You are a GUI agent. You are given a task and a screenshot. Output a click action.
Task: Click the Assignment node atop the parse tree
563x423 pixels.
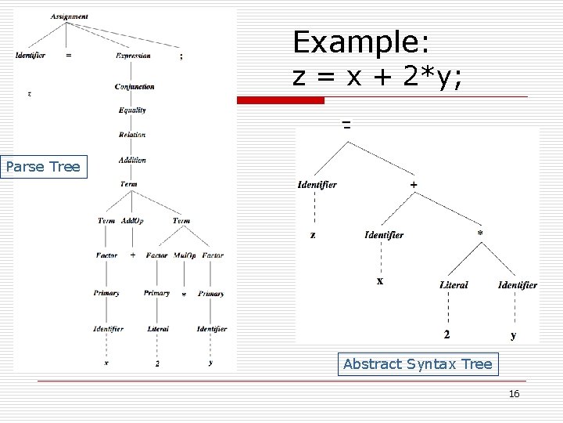[x=69, y=16]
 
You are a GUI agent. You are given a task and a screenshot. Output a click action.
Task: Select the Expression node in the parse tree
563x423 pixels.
[x=133, y=56]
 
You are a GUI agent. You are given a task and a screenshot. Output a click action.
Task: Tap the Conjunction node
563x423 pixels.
[x=134, y=86]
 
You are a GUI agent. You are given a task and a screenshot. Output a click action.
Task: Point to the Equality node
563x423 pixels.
[x=132, y=110]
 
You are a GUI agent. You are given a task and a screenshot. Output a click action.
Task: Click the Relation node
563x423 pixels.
[x=132, y=135]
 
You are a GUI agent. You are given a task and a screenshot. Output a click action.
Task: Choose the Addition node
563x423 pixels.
[x=132, y=160]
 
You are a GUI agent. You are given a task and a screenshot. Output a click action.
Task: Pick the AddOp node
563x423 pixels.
[x=132, y=221]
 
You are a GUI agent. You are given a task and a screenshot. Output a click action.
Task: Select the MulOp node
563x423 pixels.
[x=185, y=255]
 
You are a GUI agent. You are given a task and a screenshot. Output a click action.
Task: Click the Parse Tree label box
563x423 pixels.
[x=43, y=167]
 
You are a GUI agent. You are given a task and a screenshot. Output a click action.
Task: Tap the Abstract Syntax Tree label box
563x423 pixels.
[x=418, y=364]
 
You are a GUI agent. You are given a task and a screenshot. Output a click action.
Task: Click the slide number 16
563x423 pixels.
[x=514, y=394]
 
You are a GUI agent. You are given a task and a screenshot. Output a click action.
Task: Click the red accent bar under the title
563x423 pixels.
[x=280, y=100]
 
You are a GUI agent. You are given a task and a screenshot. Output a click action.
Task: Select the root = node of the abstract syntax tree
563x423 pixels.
[x=346, y=124]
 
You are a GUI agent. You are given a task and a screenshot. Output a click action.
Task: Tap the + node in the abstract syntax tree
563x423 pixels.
[x=414, y=184]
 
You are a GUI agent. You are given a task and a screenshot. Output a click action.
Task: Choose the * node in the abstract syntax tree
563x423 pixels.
[x=480, y=233]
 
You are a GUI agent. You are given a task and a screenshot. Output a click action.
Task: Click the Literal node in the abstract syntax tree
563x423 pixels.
[x=454, y=285]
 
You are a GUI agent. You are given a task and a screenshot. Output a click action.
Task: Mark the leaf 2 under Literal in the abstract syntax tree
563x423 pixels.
[x=446, y=334]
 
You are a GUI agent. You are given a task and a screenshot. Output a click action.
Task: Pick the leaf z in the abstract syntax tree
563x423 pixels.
[x=313, y=234]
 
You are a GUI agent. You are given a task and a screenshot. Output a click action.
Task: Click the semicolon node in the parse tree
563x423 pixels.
[x=181, y=56]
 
